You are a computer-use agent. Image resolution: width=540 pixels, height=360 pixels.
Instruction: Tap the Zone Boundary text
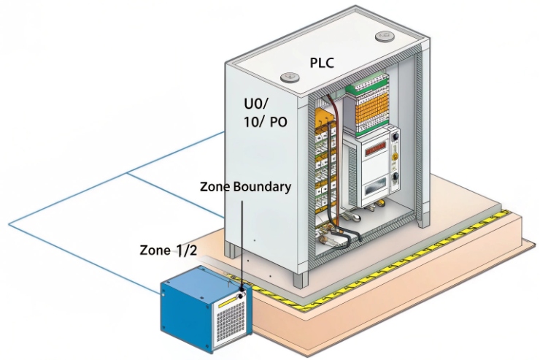(245, 186)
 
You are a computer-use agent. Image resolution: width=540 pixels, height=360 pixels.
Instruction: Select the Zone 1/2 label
(169, 250)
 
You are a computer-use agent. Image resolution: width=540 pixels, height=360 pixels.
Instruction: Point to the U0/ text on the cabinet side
(259, 103)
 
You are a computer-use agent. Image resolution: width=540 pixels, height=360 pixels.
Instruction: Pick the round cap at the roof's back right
(384, 37)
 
